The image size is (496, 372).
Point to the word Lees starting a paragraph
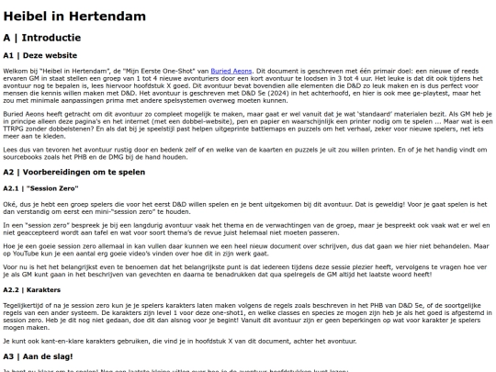point(11,145)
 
